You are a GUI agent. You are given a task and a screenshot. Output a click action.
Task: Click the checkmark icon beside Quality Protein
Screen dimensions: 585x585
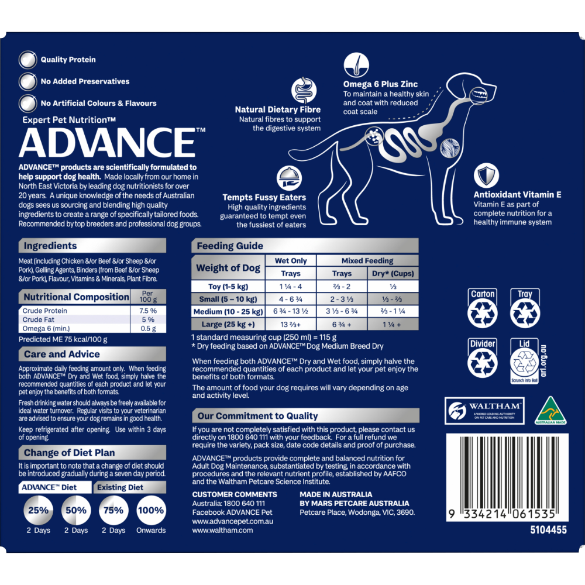click(27, 60)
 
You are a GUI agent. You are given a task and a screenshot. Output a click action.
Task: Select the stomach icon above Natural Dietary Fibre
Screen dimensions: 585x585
click(304, 90)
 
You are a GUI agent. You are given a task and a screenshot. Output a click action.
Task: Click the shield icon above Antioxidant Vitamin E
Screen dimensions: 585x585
click(486, 175)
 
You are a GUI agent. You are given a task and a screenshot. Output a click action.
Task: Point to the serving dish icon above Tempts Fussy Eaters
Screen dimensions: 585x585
click(289, 178)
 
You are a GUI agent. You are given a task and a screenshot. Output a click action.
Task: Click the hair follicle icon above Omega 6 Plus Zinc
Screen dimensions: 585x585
click(356, 65)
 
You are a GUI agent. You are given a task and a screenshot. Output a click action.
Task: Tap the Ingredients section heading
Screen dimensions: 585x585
click(50, 246)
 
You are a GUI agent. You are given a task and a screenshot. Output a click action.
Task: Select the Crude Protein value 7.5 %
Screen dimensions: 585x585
click(148, 311)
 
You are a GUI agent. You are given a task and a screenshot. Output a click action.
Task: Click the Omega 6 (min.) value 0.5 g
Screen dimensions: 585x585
click(148, 328)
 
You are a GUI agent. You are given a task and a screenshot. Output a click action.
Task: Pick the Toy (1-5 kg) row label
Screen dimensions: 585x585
click(228, 287)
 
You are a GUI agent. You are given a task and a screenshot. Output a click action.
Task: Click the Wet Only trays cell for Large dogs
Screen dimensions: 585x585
click(291, 324)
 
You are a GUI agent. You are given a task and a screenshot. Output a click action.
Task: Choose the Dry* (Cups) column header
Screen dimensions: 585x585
click(393, 273)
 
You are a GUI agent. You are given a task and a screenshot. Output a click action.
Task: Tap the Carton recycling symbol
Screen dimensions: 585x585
click(483, 308)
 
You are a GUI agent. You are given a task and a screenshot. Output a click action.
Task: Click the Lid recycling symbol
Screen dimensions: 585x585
click(524, 361)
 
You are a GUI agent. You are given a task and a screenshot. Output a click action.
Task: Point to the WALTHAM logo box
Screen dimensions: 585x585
click(484, 411)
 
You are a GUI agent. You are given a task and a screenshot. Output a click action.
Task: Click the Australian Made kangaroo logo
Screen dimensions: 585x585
click(550, 411)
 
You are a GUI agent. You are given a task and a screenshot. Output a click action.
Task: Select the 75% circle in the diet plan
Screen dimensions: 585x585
click(113, 510)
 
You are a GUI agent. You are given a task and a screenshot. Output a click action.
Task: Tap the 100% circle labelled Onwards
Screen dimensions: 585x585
click(151, 510)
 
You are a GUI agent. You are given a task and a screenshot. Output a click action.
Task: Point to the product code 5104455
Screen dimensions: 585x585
click(548, 530)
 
